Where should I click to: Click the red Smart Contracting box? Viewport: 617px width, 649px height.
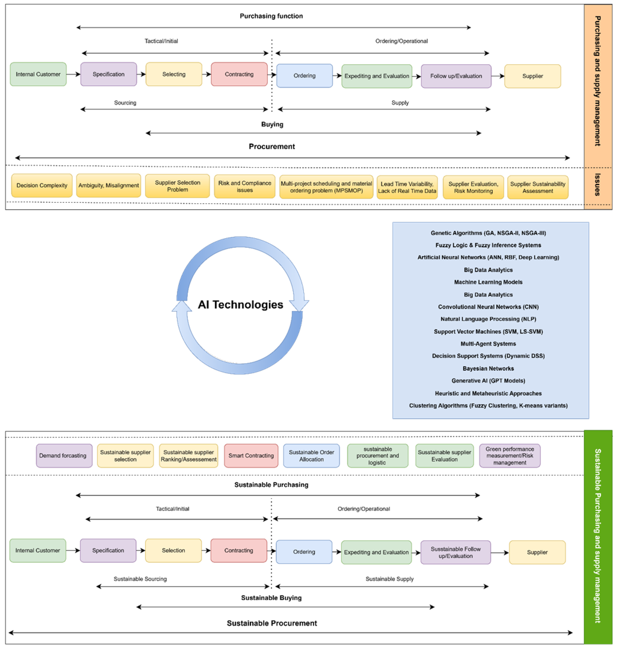(x=251, y=455)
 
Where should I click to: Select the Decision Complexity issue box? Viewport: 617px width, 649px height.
(x=42, y=185)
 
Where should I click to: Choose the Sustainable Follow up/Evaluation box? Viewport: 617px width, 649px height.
(x=455, y=552)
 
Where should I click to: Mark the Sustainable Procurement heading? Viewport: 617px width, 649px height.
(x=272, y=623)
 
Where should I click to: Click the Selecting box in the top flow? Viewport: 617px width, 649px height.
(x=174, y=74)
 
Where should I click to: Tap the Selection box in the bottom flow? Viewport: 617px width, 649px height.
(x=173, y=550)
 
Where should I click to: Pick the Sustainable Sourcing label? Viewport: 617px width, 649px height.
(x=140, y=579)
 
